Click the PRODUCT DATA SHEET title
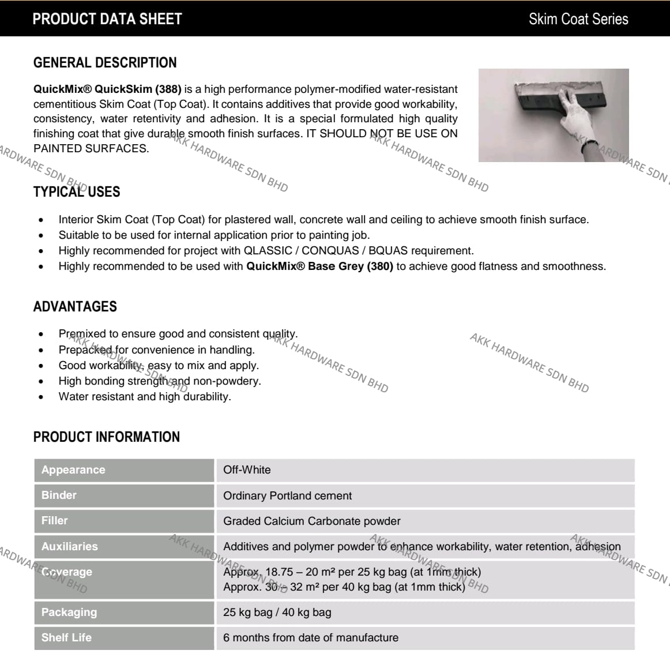(107, 19)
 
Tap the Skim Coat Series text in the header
(578, 19)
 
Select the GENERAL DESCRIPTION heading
(105, 63)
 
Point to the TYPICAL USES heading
(77, 192)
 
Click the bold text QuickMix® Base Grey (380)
(319, 266)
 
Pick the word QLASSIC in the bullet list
(268, 251)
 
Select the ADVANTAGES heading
(75, 307)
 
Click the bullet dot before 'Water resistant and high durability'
(41, 397)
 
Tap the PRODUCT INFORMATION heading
(107, 437)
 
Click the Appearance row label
(73, 470)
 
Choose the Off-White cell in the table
(247, 470)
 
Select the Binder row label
(59, 495)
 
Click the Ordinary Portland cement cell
(287, 496)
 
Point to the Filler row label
(55, 521)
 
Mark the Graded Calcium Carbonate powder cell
(311, 521)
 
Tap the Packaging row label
(69, 613)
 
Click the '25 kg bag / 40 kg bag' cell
(277, 613)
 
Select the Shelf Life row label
(66, 638)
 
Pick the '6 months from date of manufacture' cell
(310, 638)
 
